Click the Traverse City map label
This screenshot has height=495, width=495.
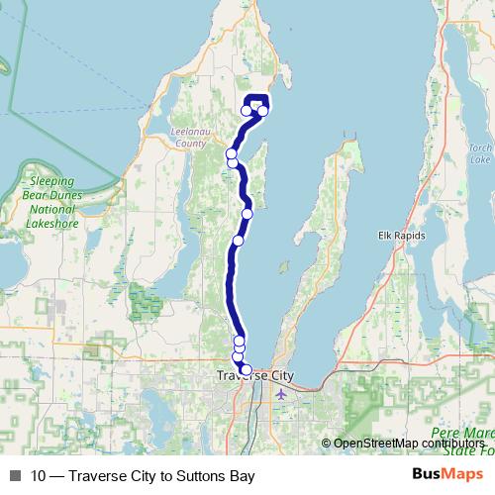[255, 376]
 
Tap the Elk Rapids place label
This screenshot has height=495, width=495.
[401, 235]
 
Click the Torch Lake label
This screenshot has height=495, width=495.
[480, 153]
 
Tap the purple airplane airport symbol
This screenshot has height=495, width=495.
[281, 394]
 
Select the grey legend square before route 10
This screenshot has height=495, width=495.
[15, 476]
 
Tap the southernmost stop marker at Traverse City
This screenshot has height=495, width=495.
[246, 370]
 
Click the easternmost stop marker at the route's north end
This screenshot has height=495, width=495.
[263, 111]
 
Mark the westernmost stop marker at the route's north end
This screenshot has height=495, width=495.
[246, 110]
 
